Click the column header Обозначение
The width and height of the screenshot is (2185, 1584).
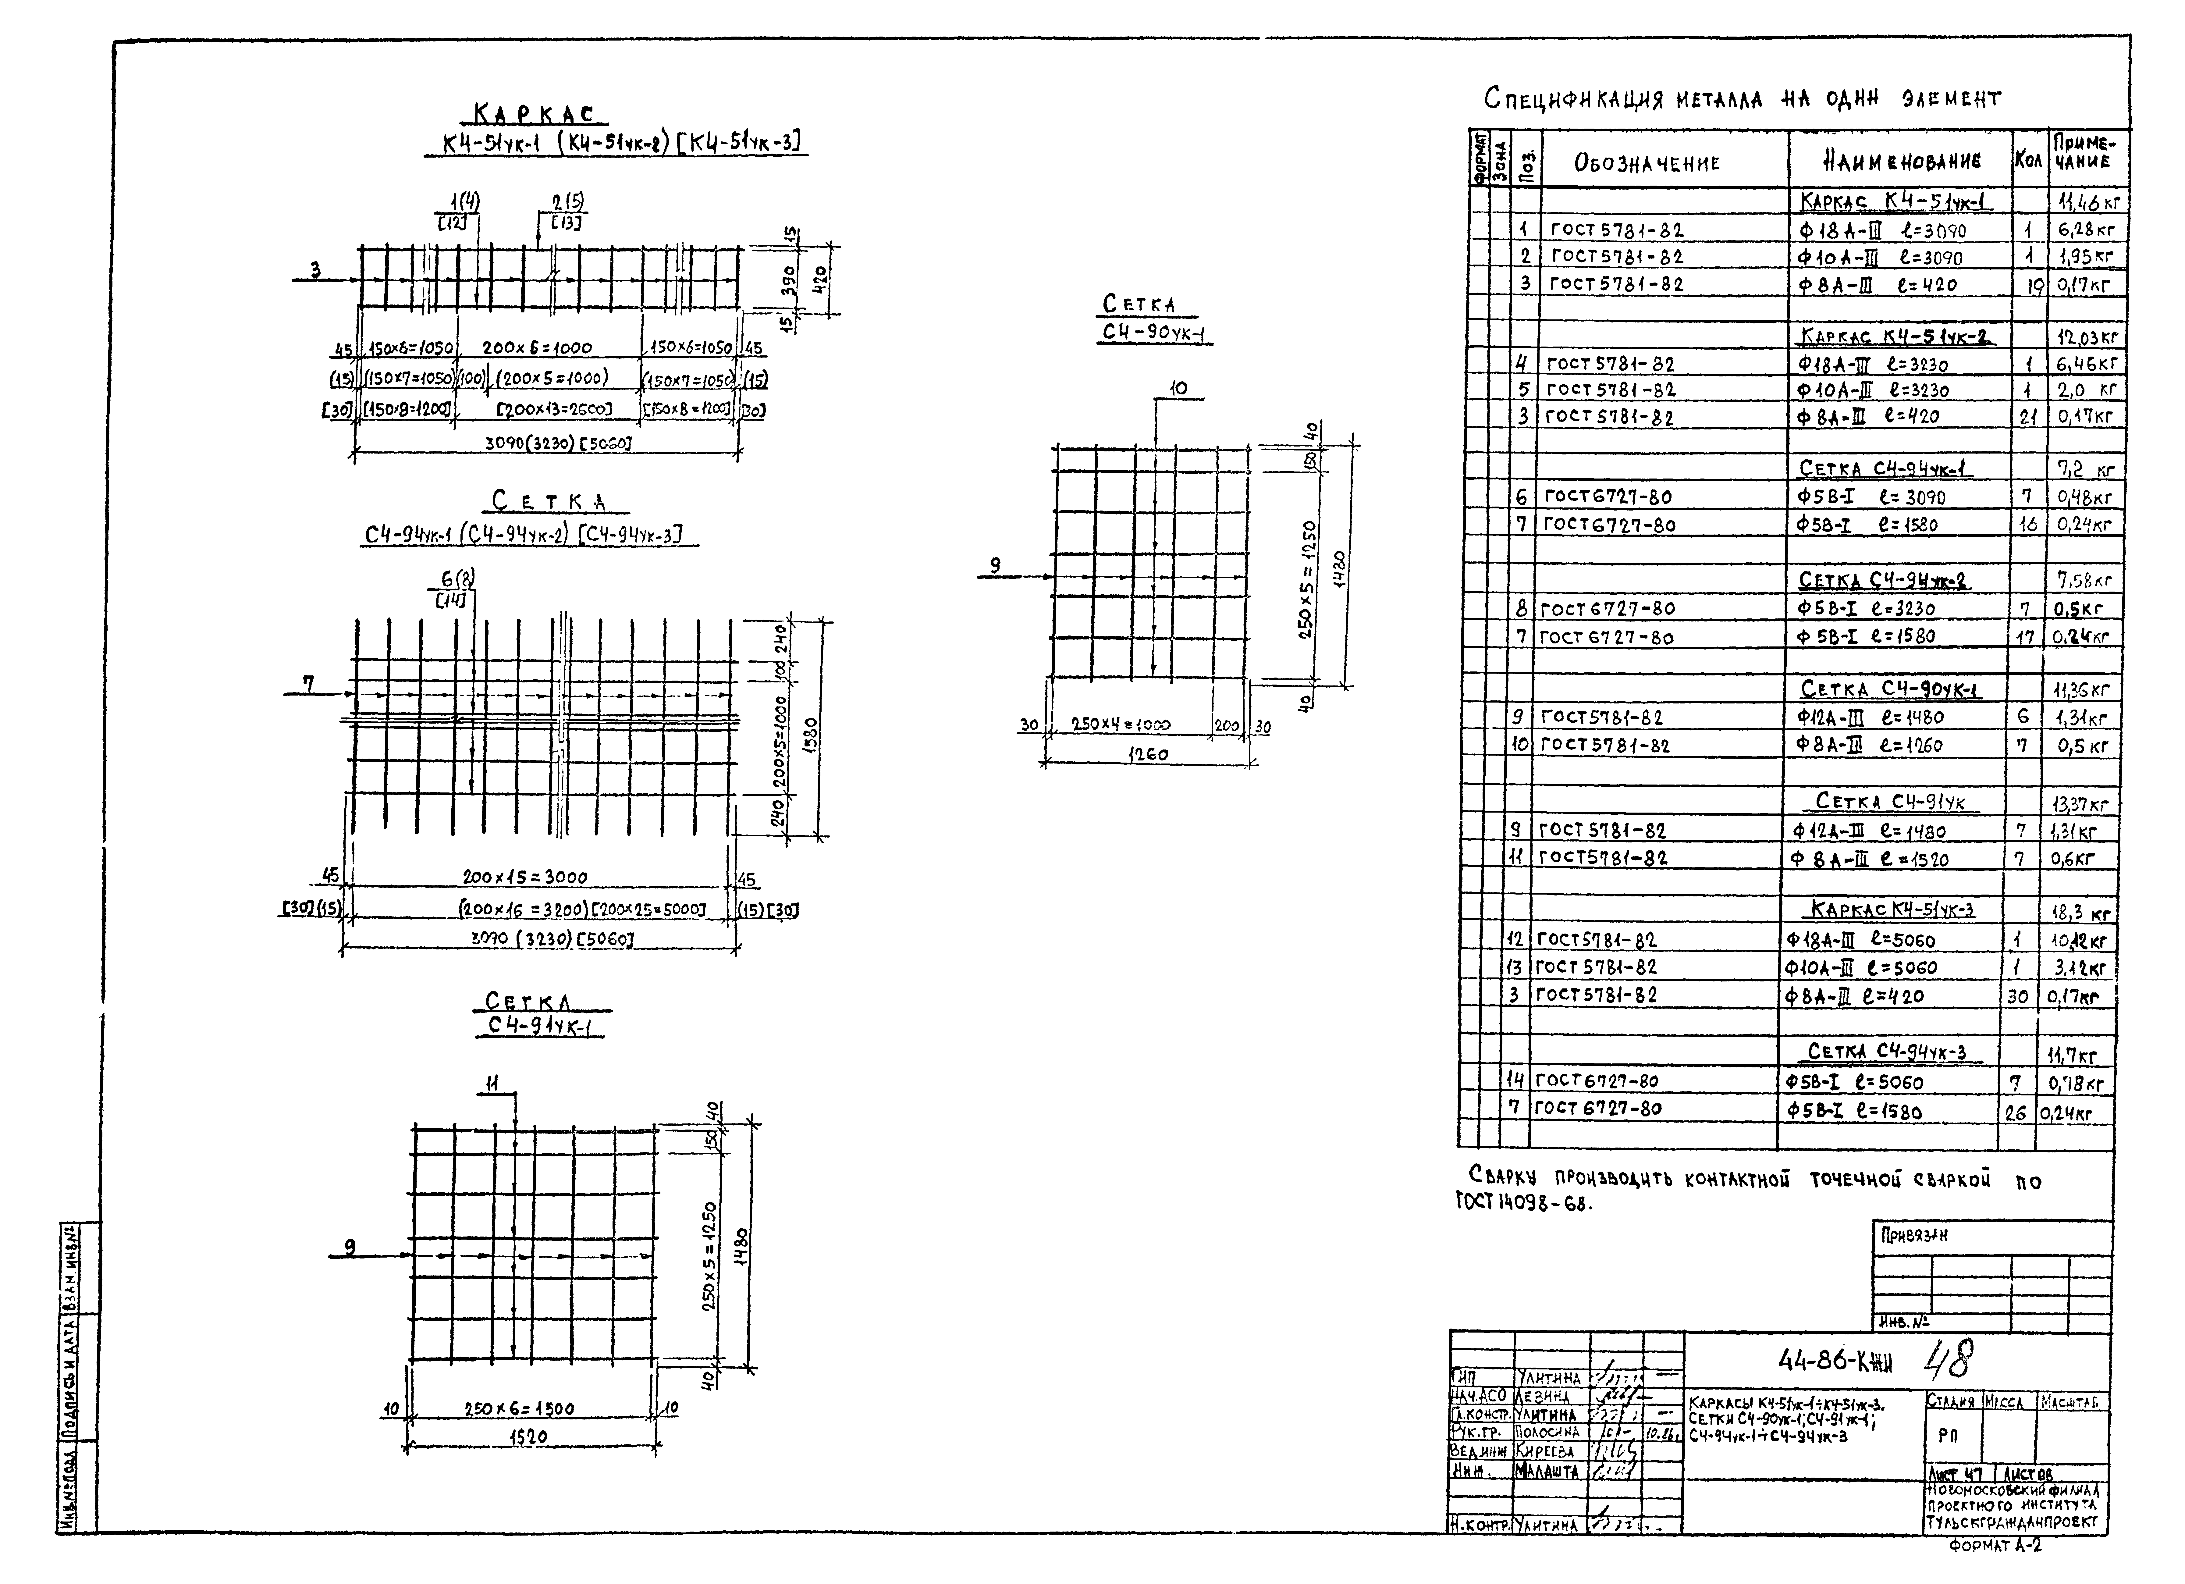tap(1647, 163)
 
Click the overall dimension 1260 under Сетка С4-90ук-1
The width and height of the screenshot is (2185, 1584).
tap(1148, 754)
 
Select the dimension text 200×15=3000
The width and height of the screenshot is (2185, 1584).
tap(524, 877)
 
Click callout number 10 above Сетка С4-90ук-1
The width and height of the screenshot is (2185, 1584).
tap(1177, 388)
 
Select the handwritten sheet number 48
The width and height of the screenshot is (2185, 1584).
tap(1948, 1358)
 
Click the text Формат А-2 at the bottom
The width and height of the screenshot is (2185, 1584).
tap(1994, 1547)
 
